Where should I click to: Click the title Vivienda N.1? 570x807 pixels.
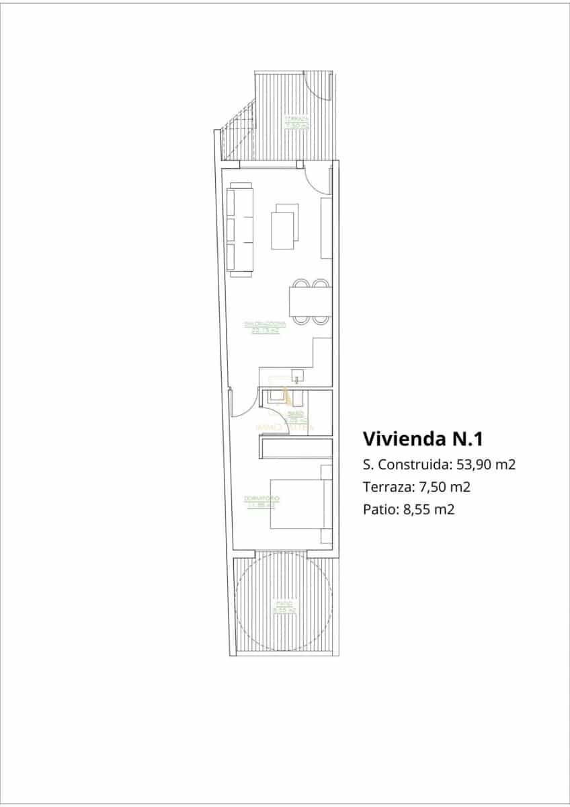423,439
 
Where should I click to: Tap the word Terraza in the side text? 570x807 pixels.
384,487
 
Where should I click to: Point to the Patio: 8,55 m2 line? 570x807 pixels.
409,509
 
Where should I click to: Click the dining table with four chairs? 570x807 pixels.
310,302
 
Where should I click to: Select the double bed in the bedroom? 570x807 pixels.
297,504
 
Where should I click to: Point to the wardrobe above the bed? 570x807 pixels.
296,448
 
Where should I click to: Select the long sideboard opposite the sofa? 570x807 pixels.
327,228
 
